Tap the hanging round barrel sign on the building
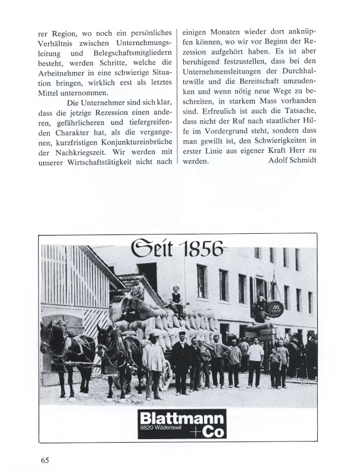coord(274,308)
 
